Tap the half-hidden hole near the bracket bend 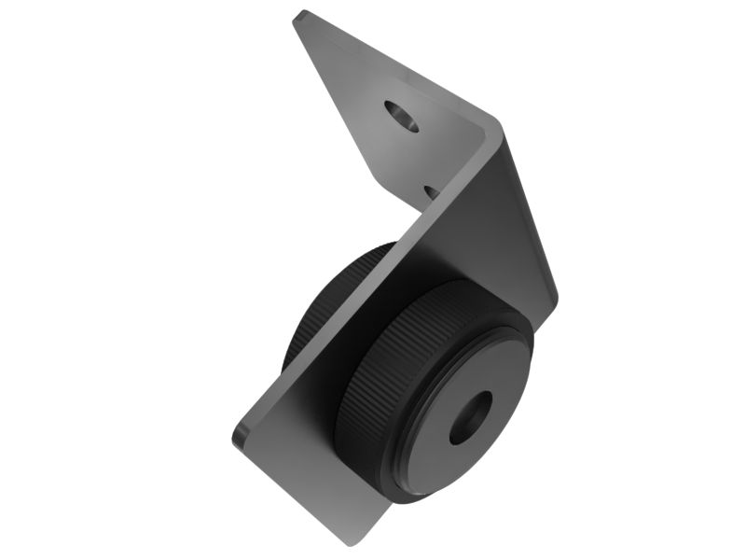click(432, 190)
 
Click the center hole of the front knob click(470, 417)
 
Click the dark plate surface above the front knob click(485, 243)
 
